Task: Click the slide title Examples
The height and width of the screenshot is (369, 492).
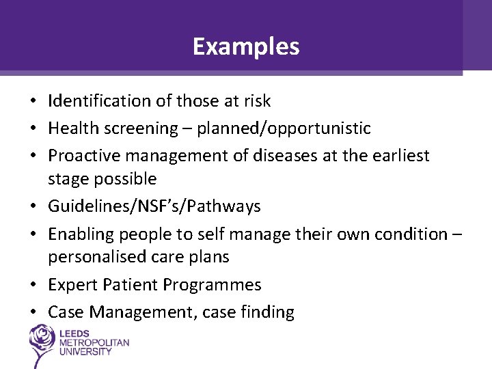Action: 245,46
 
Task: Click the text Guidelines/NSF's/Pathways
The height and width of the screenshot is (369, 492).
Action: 154,206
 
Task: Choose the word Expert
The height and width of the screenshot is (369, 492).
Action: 69,284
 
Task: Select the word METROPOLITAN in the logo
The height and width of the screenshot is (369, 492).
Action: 94,342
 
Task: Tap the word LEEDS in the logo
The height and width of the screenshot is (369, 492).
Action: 75,333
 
